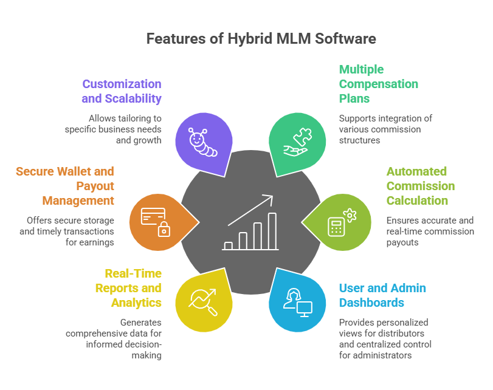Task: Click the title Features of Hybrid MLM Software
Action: click(x=261, y=39)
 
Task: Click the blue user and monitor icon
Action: click(x=298, y=301)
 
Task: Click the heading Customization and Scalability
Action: click(x=122, y=91)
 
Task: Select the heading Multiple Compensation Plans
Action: click(x=378, y=84)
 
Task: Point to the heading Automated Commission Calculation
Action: click(x=420, y=186)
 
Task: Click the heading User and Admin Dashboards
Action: click(x=382, y=295)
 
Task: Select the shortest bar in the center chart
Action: click(x=228, y=245)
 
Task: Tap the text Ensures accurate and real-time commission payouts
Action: click(x=429, y=231)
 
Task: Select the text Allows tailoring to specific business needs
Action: click(x=115, y=129)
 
